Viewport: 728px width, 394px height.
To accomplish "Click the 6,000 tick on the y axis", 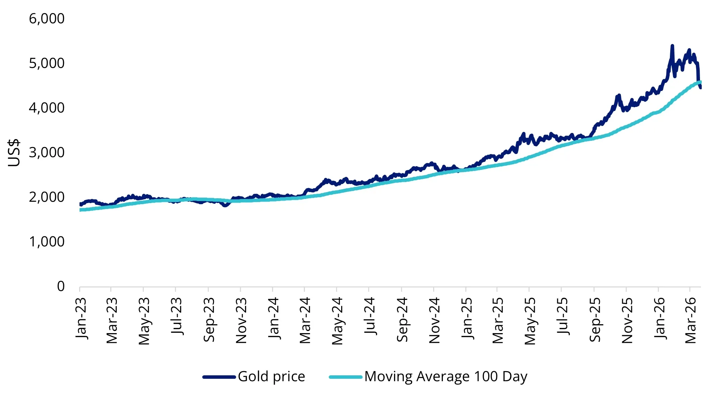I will point(46,19).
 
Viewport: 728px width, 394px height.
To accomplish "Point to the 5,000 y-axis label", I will point(46,63).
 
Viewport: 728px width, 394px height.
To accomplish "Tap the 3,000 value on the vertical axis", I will point(46,153).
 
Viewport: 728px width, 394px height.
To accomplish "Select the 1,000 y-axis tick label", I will point(46,242).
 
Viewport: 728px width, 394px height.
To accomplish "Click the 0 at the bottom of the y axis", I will point(60,286).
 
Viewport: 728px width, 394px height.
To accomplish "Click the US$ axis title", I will point(14,153).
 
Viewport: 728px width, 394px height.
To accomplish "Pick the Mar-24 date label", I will point(305,320).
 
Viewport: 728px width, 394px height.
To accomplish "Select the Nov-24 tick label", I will point(434,320).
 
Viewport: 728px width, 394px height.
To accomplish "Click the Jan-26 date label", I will point(659,318).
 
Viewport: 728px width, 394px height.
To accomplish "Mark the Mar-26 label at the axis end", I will point(690,320).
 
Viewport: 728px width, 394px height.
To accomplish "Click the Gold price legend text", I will point(271,376).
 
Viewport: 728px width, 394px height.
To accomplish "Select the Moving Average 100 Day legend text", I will point(446,376).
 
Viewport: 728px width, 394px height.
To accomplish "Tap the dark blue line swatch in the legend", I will point(219,377).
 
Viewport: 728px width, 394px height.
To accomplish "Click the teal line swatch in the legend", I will point(346,377).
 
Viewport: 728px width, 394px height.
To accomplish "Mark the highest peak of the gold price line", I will point(672,46).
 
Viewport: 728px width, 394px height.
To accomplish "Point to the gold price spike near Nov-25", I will point(618,95).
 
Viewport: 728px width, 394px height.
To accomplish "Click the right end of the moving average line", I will point(700,82).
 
